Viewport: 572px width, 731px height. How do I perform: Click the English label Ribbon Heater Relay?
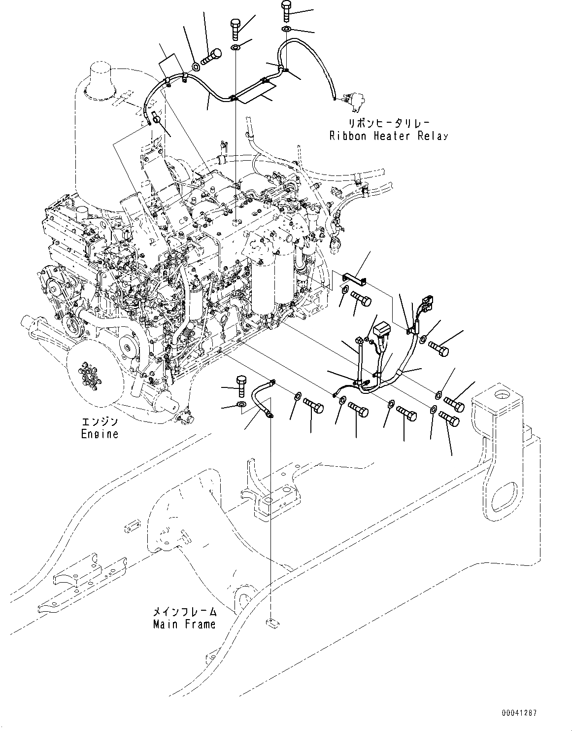pos(389,136)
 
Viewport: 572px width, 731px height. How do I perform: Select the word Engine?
pos(100,434)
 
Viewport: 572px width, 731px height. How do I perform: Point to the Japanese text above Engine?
pos(100,422)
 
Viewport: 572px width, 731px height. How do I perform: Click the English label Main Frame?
pos(184,624)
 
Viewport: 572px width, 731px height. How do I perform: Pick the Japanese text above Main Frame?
pos(184,612)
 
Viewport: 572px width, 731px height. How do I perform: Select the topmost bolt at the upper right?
pos(287,10)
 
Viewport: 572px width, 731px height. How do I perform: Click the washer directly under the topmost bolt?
pos(286,30)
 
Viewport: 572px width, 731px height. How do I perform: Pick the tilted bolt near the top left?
pos(214,56)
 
